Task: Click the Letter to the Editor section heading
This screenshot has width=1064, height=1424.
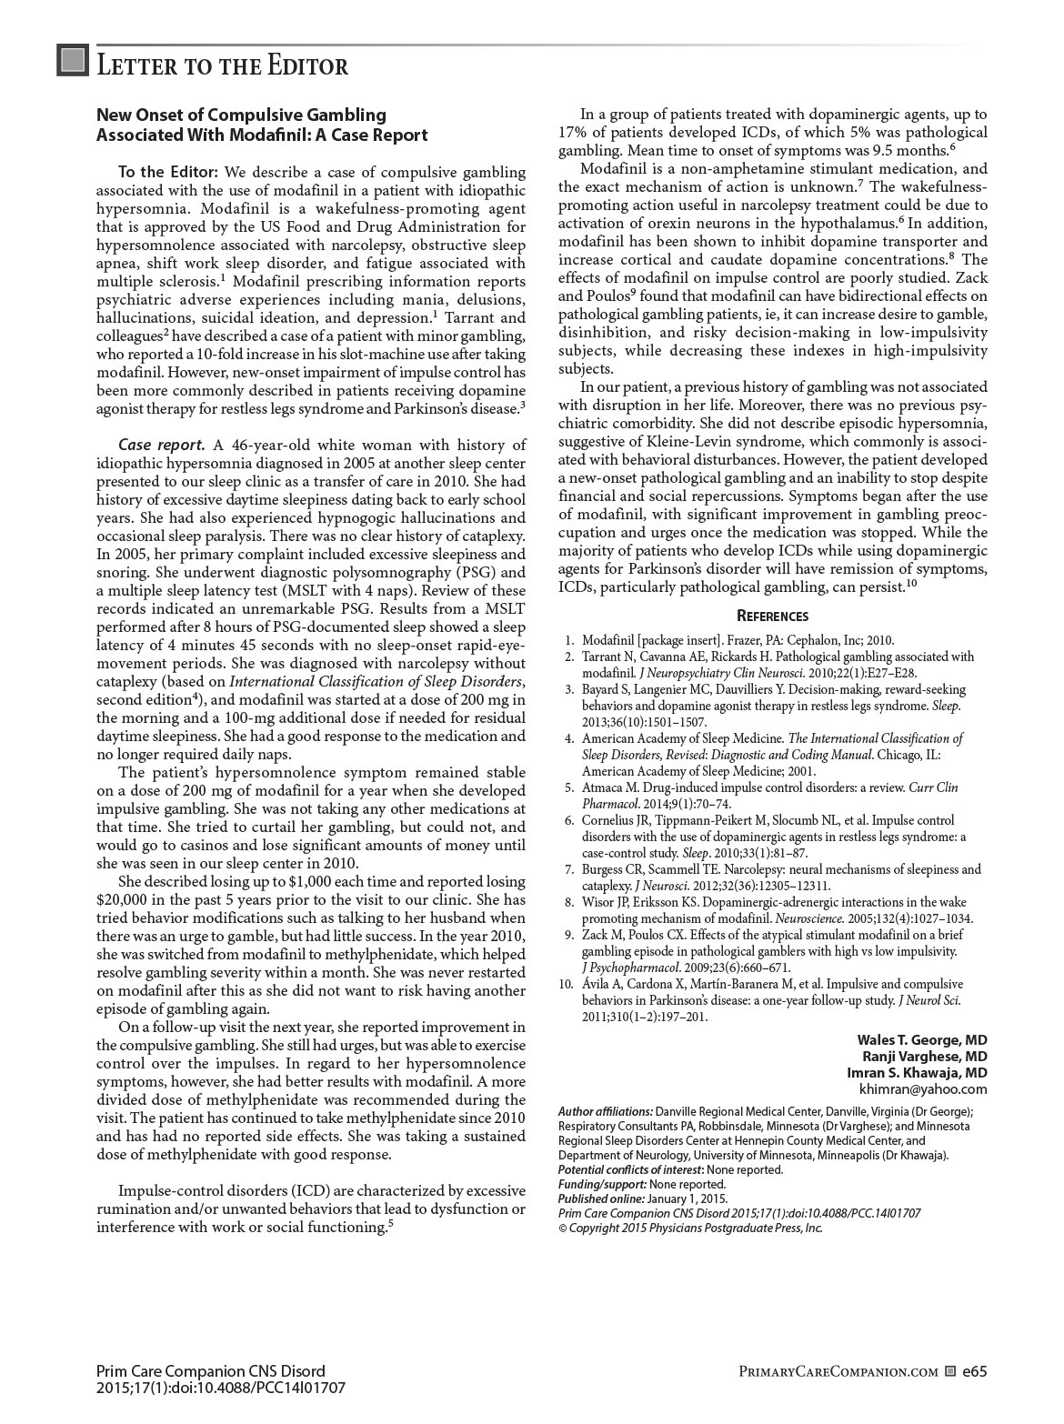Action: [222, 65]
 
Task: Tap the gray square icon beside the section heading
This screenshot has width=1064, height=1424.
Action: [72, 61]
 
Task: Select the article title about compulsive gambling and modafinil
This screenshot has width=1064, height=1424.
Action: [262, 125]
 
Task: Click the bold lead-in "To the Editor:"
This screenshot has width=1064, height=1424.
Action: [168, 173]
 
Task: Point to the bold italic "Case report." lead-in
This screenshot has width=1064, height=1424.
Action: [161, 445]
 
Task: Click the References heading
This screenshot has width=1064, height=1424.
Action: [772, 616]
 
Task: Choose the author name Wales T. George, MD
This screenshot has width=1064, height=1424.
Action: [922, 1039]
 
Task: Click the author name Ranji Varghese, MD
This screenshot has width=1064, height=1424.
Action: [925, 1056]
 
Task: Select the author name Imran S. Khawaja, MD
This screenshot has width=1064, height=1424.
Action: [917, 1072]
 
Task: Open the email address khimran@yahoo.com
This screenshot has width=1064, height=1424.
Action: [923, 1088]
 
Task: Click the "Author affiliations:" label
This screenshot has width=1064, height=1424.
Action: [606, 1111]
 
